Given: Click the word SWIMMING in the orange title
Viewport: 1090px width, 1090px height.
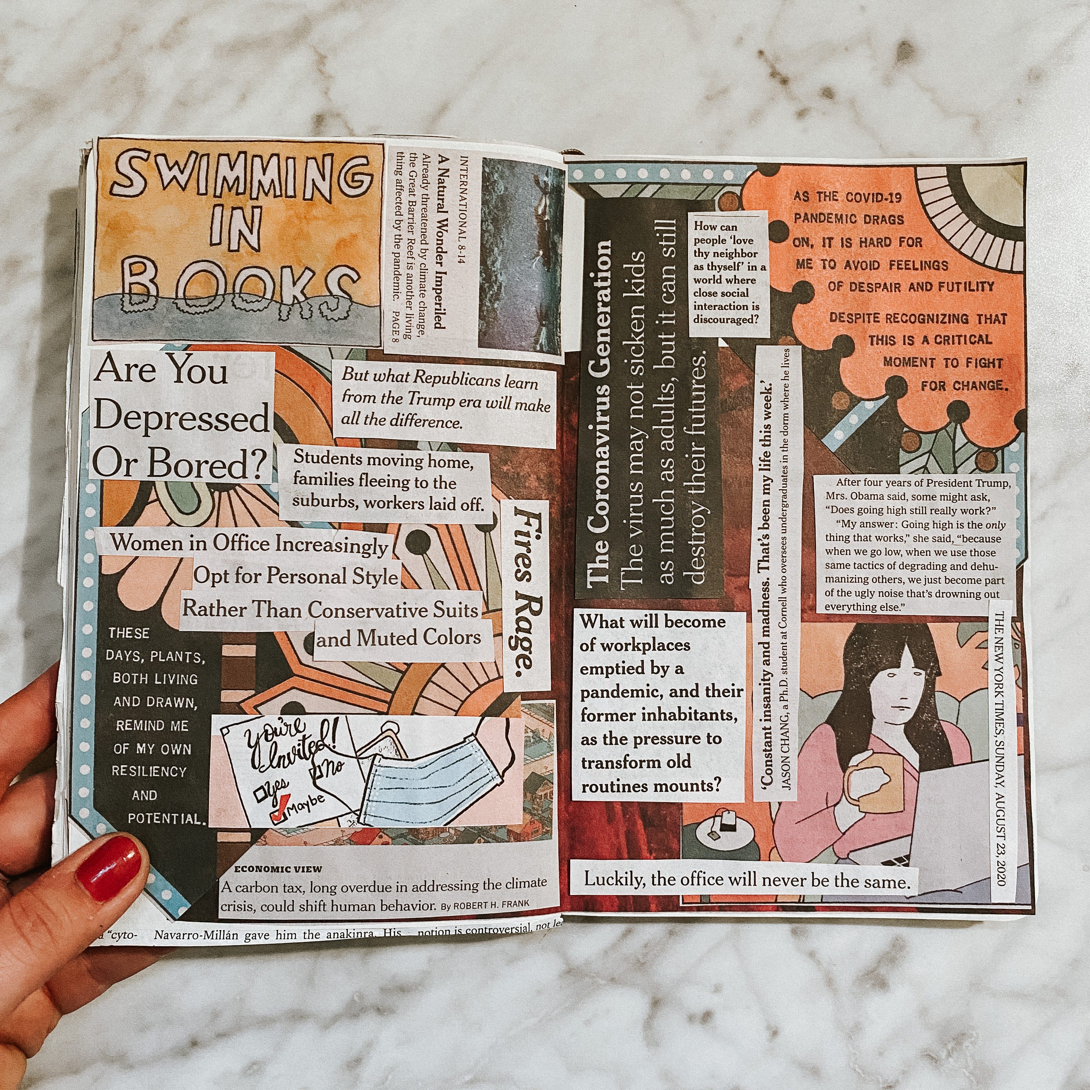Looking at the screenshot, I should click(242, 177).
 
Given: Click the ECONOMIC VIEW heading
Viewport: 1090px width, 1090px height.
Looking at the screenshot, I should click(278, 869).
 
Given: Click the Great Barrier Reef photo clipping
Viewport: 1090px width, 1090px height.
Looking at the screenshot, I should click(520, 261).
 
